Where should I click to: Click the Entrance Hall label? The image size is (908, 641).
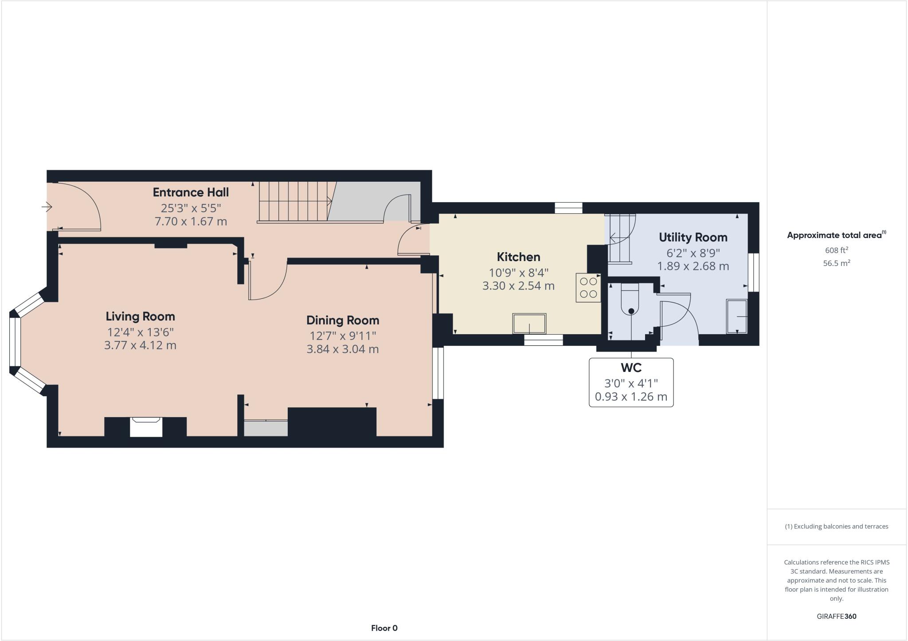[191, 192]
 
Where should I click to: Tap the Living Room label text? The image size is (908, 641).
[140, 317]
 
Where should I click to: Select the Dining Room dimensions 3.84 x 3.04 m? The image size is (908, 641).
[342, 349]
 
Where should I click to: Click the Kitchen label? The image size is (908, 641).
[518, 257]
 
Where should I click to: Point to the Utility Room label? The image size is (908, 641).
[693, 238]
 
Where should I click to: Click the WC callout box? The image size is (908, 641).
[631, 382]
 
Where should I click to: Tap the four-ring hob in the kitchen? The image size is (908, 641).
[588, 288]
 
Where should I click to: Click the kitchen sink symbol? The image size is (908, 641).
[529, 323]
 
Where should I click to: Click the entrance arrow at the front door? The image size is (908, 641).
[47, 207]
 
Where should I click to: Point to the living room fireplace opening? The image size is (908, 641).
[146, 427]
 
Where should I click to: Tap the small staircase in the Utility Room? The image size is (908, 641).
[619, 238]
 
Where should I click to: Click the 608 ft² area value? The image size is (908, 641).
[836, 250]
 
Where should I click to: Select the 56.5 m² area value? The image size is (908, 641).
[836, 263]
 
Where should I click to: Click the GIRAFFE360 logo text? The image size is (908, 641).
[836, 616]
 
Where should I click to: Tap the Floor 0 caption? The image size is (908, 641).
[384, 628]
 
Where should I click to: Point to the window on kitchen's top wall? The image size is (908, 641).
[568, 208]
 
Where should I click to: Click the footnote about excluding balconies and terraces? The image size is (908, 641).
[836, 527]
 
